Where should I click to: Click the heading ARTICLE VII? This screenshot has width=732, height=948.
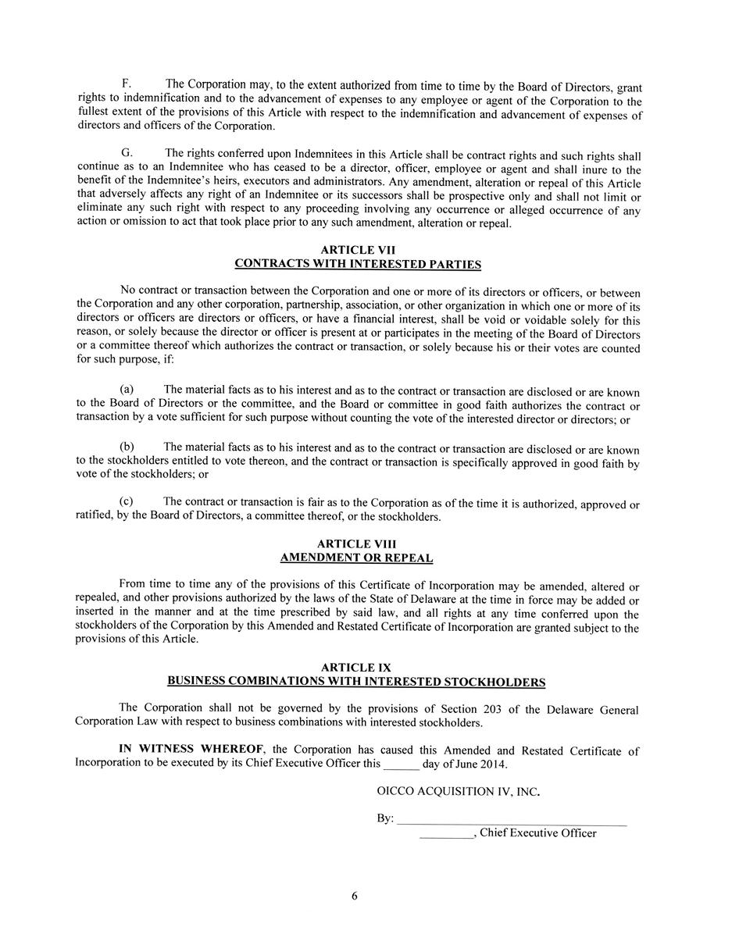point(357,250)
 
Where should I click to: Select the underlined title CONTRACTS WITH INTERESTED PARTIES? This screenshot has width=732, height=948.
point(357,264)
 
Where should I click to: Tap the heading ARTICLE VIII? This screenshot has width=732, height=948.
point(356,543)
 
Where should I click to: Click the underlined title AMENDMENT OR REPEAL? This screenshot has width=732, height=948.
point(356,558)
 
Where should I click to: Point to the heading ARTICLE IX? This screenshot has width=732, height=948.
point(356,668)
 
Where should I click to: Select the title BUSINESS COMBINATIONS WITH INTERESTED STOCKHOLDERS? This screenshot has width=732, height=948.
point(356,682)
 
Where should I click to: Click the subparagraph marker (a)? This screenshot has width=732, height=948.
point(127,389)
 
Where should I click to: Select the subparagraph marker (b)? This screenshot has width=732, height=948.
point(127,446)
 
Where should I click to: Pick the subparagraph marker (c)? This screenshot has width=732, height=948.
point(127,501)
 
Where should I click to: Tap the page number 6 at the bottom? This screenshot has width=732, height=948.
point(355,896)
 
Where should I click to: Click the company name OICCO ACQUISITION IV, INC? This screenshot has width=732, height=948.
point(458,791)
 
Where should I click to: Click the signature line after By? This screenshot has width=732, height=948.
point(512,822)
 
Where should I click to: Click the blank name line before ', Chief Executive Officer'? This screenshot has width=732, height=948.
point(446,836)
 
